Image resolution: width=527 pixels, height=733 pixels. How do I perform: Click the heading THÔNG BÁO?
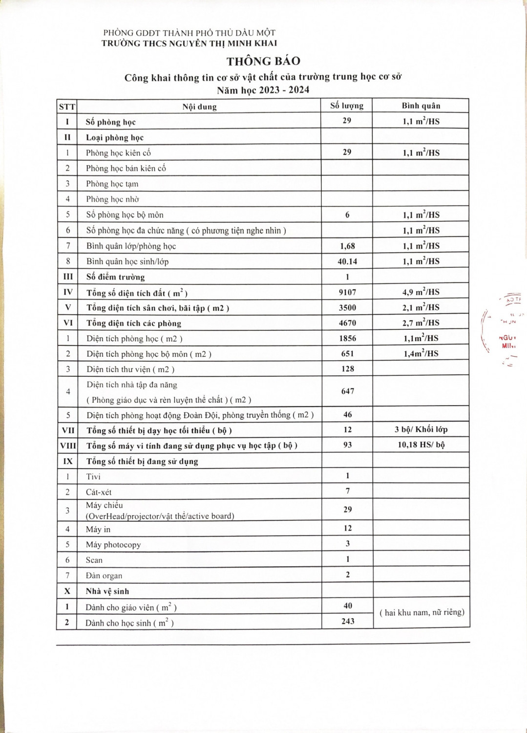(x=263, y=61)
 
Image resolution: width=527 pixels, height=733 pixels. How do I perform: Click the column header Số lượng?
(x=347, y=106)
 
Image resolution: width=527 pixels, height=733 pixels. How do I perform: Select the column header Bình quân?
(x=421, y=106)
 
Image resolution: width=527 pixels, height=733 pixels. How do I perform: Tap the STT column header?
(x=67, y=107)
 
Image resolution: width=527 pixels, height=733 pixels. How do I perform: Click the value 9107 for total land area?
(x=347, y=292)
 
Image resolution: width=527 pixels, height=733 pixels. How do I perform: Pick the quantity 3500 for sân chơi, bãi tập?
(x=347, y=307)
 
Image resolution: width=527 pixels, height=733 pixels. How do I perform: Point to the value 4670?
(x=347, y=323)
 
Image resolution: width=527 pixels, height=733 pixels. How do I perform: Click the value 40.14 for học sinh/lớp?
(x=347, y=261)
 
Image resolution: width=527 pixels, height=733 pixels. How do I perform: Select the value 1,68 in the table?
(x=347, y=246)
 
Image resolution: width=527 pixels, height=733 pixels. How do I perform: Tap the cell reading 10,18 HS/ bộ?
(x=421, y=445)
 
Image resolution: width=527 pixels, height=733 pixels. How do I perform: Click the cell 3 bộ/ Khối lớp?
(x=421, y=430)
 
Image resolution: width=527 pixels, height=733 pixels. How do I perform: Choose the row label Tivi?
(x=93, y=476)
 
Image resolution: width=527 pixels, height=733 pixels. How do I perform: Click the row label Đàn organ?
(x=104, y=576)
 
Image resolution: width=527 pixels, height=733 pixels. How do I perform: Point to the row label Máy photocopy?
(x=113, y=544)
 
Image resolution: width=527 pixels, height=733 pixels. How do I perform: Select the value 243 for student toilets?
(x=348, y=621)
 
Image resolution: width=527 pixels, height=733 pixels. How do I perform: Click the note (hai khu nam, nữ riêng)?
(x=422, y=612)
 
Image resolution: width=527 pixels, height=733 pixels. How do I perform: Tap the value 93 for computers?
(x=347, y=445)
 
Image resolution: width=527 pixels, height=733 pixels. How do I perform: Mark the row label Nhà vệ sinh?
(x=107, y=591)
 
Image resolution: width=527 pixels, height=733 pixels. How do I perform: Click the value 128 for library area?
(x=348, y=369)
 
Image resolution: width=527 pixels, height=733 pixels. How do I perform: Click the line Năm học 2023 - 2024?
(x=263, y=90)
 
